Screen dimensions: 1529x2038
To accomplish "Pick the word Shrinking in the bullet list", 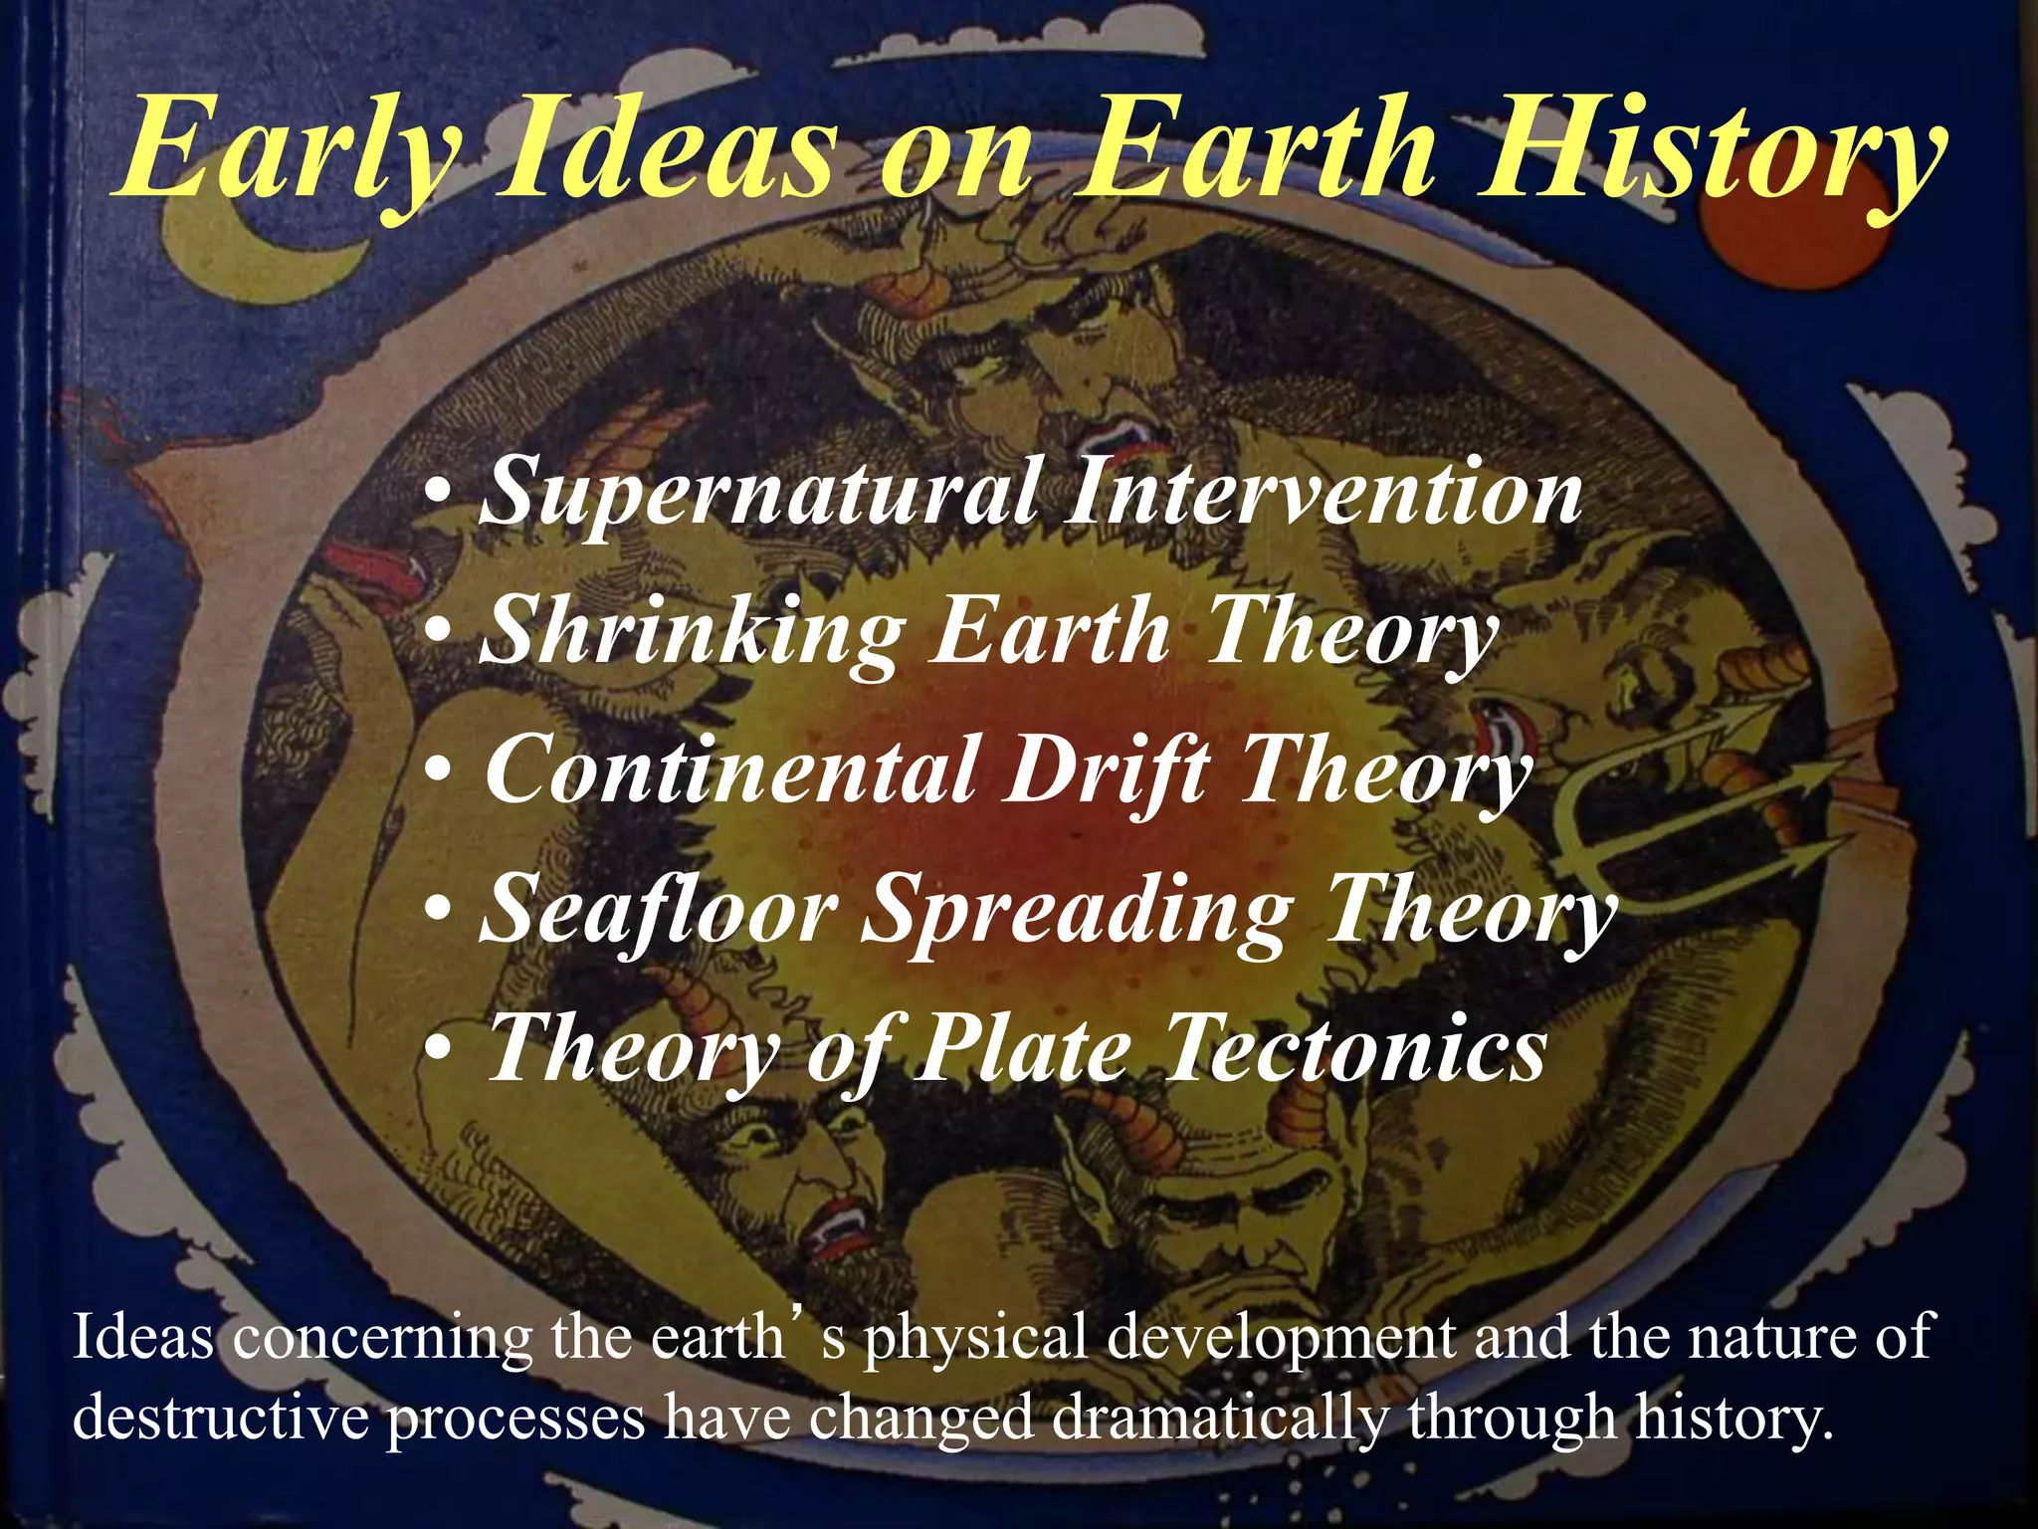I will click(x=692, y=632).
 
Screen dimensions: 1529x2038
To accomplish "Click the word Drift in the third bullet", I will click(x=1105, y=771).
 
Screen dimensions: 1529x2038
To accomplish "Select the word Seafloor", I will click(x=657, y=911).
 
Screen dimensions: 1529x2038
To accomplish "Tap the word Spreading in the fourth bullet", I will click(x=1075, y=911).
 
